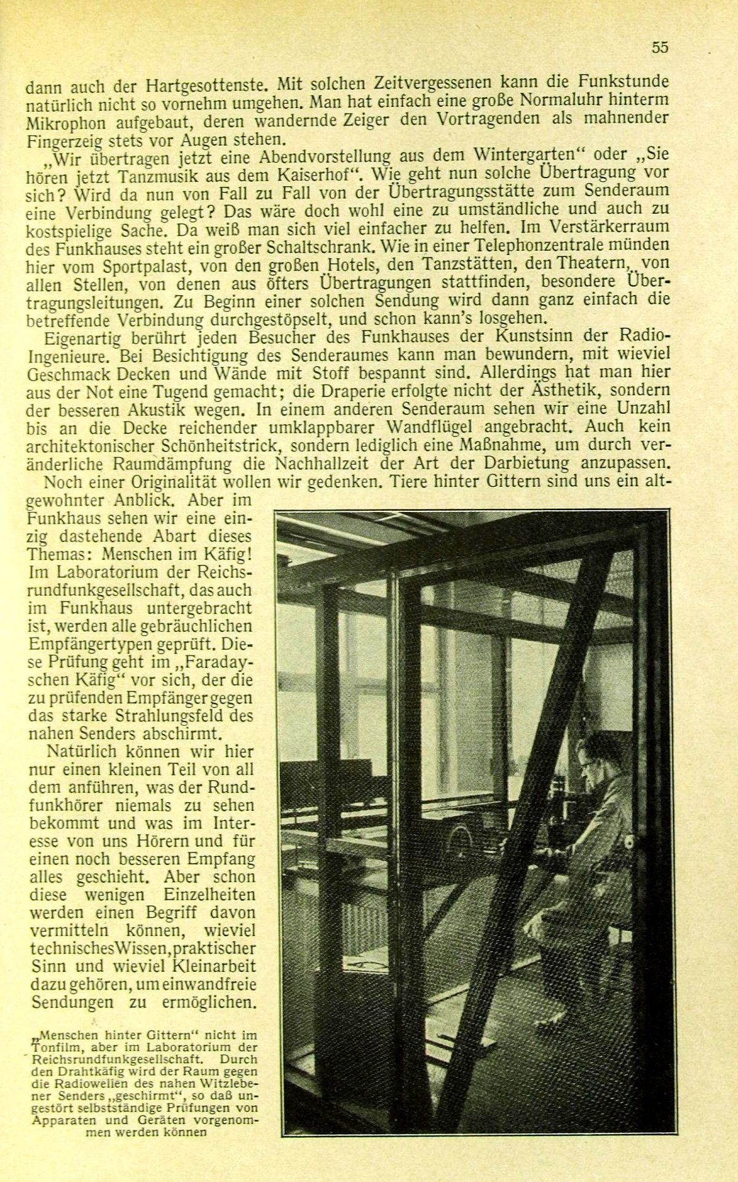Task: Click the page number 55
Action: pyautogui.click(x=659, y=48)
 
